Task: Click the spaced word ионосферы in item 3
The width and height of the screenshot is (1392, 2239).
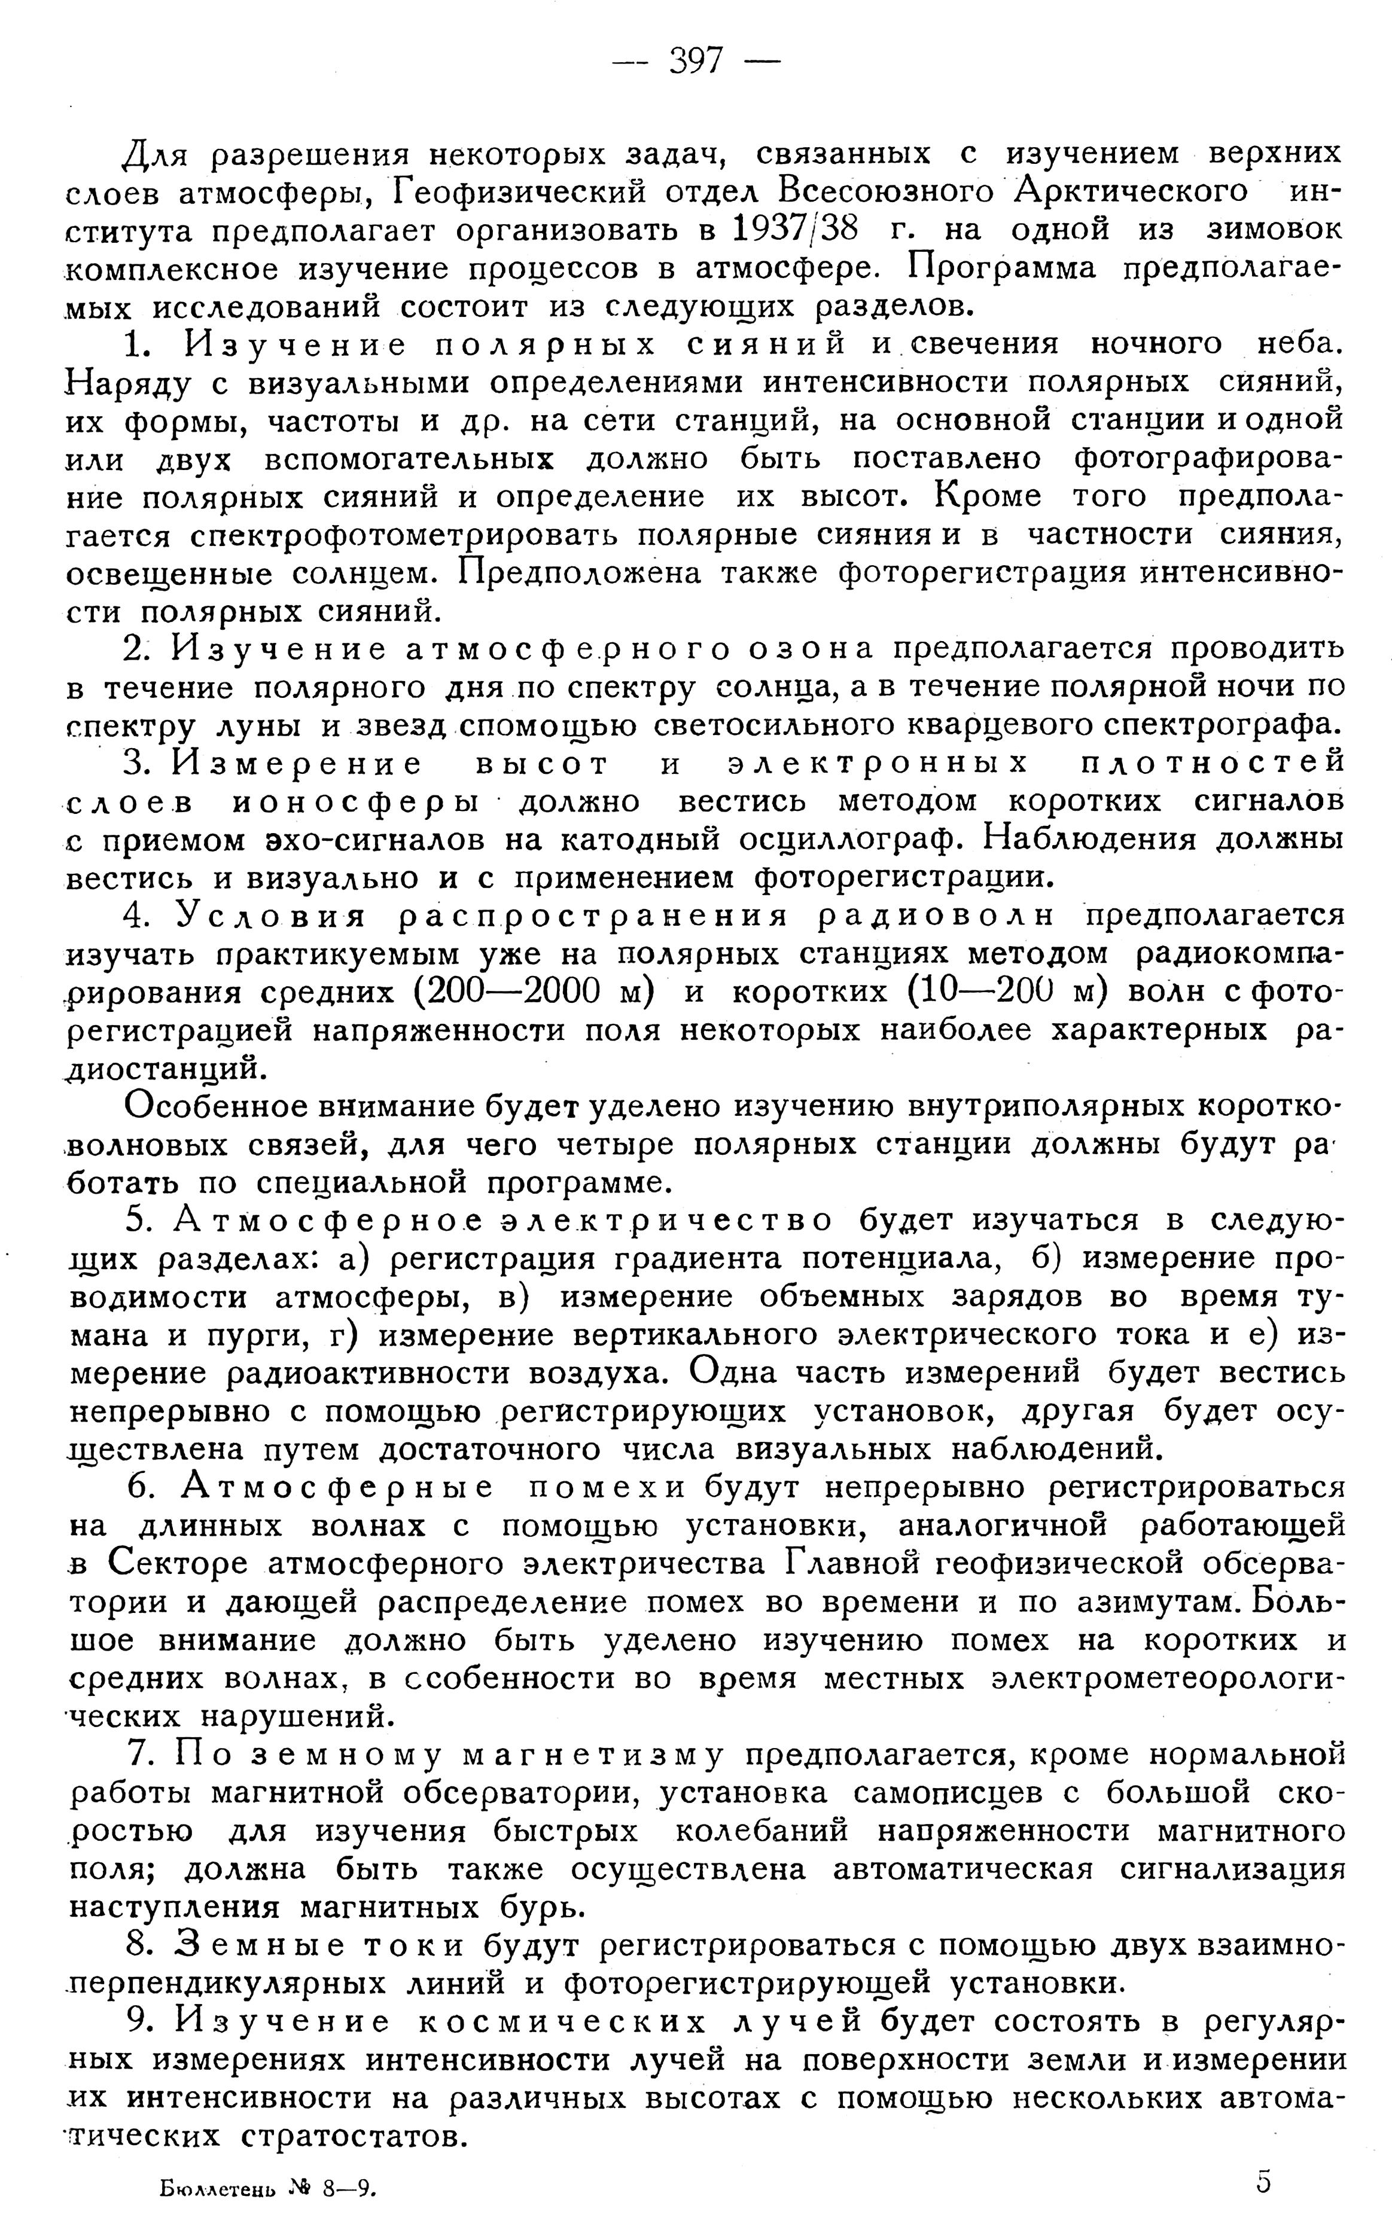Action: [355, 803]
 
